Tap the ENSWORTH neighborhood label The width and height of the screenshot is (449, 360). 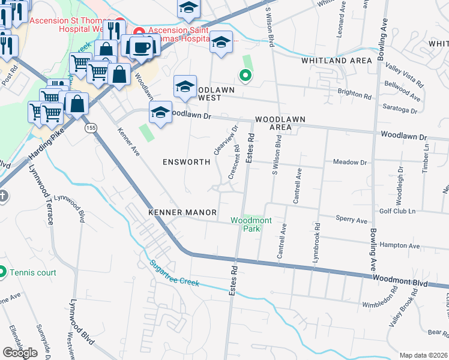click(x=187, y=162)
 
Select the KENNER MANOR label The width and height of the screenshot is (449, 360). click(x=178, y=212)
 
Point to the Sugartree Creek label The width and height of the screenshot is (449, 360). click(x=173, y=272)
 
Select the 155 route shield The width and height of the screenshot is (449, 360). click(x=91, y=128)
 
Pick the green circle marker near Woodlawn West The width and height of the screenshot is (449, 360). click(x=244, y=75)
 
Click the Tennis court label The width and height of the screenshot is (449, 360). click(x=32, y=272)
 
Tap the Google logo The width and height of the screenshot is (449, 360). click(x=20, y=353)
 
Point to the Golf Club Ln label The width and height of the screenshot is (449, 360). click(x=397, y=212)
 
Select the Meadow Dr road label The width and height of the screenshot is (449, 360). click(x=349, y=162)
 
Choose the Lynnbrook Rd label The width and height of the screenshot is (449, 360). click(x=316, y=241)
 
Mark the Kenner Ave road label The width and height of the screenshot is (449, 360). click(x=128, y=142)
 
